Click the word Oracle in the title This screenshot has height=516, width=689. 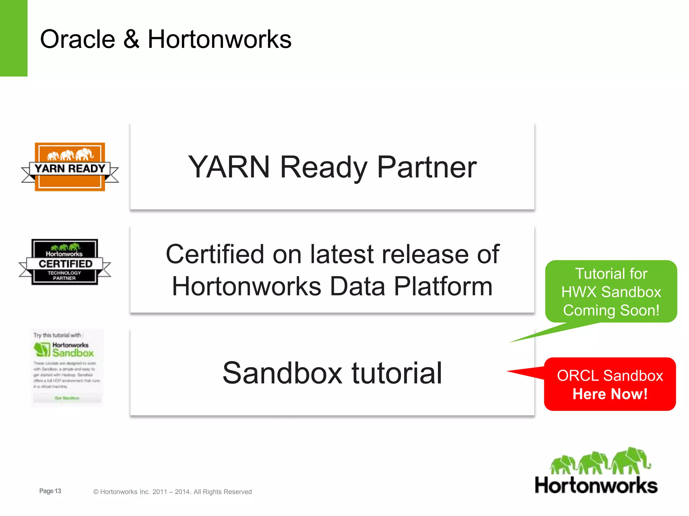click(x=77, y=39)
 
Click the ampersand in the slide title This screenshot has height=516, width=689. click(x=131, y=39)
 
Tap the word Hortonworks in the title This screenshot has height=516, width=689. click(x=219, y=39)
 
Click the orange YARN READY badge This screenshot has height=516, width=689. click(x=70, y=167)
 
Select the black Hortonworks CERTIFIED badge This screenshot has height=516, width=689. click(x=65, y=262)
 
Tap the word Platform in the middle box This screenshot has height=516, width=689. click(x=443, y=287)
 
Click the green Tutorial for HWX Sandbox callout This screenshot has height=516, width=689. click(x=611, y=292)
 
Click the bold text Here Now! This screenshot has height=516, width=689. click(x=610, y=394)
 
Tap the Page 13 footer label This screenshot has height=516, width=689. click(x=50, y=491)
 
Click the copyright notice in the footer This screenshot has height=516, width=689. click(x=172, y=492)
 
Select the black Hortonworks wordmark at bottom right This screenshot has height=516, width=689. click(x=596, y=486)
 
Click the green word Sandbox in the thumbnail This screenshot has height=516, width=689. click(x=73, y=353)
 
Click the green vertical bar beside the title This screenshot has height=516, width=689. click(x=13, y=38)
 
